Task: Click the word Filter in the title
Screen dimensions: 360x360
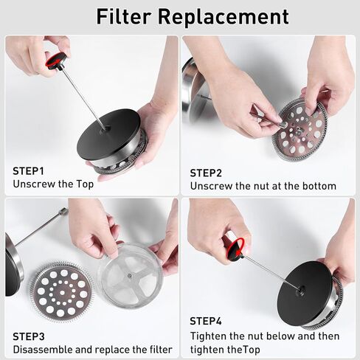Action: click(x=123, y=16)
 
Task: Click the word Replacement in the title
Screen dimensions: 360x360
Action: click(x=224, y=17)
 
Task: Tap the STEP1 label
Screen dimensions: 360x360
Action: click(x=28, y=171)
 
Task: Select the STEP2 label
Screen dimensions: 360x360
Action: click(x=206, y=173)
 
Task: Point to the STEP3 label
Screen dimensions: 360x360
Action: click(x=29, y=336)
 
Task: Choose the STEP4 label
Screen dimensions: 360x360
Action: click(x=206, y=321)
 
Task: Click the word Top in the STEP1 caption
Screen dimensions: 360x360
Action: click(x=85, y=184)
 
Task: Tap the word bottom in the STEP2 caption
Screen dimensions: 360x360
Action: click(x=319, y=186)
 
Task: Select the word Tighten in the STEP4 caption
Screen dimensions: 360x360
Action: click(x=208, y=336)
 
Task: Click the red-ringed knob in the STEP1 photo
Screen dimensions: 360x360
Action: click(x=55, y=60)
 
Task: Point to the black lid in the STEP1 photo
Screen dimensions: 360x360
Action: click(x=108, y=134)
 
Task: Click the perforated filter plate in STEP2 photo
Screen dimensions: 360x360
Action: click(x=300, y=129)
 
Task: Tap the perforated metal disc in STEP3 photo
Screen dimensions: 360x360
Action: click(x=61, y=292)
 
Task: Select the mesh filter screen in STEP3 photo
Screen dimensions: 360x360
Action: click(x=131, y=275)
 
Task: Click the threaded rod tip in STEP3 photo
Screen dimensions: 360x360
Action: click(x=63, y=212)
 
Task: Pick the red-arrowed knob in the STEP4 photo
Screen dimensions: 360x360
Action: click(x=235, y=249)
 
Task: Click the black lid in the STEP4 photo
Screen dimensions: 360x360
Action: click(x=305, y=291)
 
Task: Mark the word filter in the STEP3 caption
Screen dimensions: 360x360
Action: click(x=161, y=350)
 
